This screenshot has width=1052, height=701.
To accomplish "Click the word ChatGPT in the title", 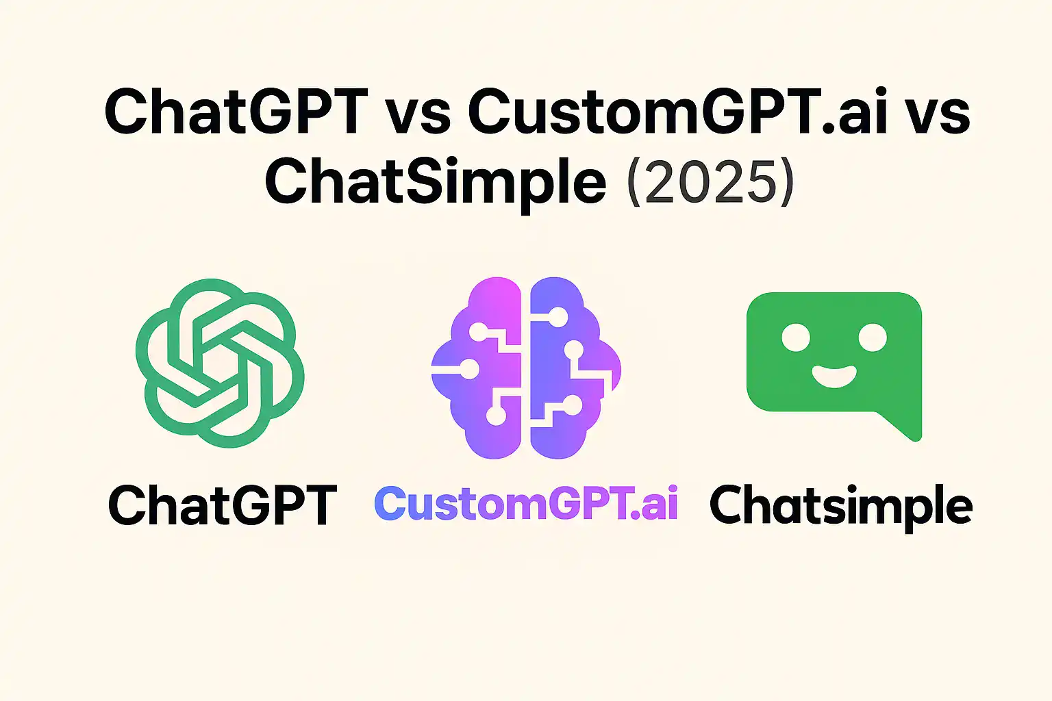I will (236, 111).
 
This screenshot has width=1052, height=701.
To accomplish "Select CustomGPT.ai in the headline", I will (677, 111).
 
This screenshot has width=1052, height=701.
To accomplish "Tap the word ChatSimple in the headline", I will (436, 181).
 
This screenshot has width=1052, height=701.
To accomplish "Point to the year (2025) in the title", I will (710, 183).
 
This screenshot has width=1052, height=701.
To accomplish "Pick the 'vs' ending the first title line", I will (940, 114).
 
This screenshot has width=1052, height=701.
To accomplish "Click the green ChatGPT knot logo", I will (220, 363).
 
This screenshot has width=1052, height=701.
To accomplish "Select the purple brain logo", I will (526, 367).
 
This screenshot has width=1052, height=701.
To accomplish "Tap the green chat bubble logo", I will (834, 356).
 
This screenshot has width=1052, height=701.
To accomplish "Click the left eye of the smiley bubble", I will (796, 337).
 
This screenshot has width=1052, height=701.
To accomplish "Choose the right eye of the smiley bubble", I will (873, 337).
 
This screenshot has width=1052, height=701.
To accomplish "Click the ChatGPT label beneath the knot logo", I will (223, 506).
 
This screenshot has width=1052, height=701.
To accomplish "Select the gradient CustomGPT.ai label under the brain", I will (526, 504).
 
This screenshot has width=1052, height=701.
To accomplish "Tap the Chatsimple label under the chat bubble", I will (841, 506).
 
